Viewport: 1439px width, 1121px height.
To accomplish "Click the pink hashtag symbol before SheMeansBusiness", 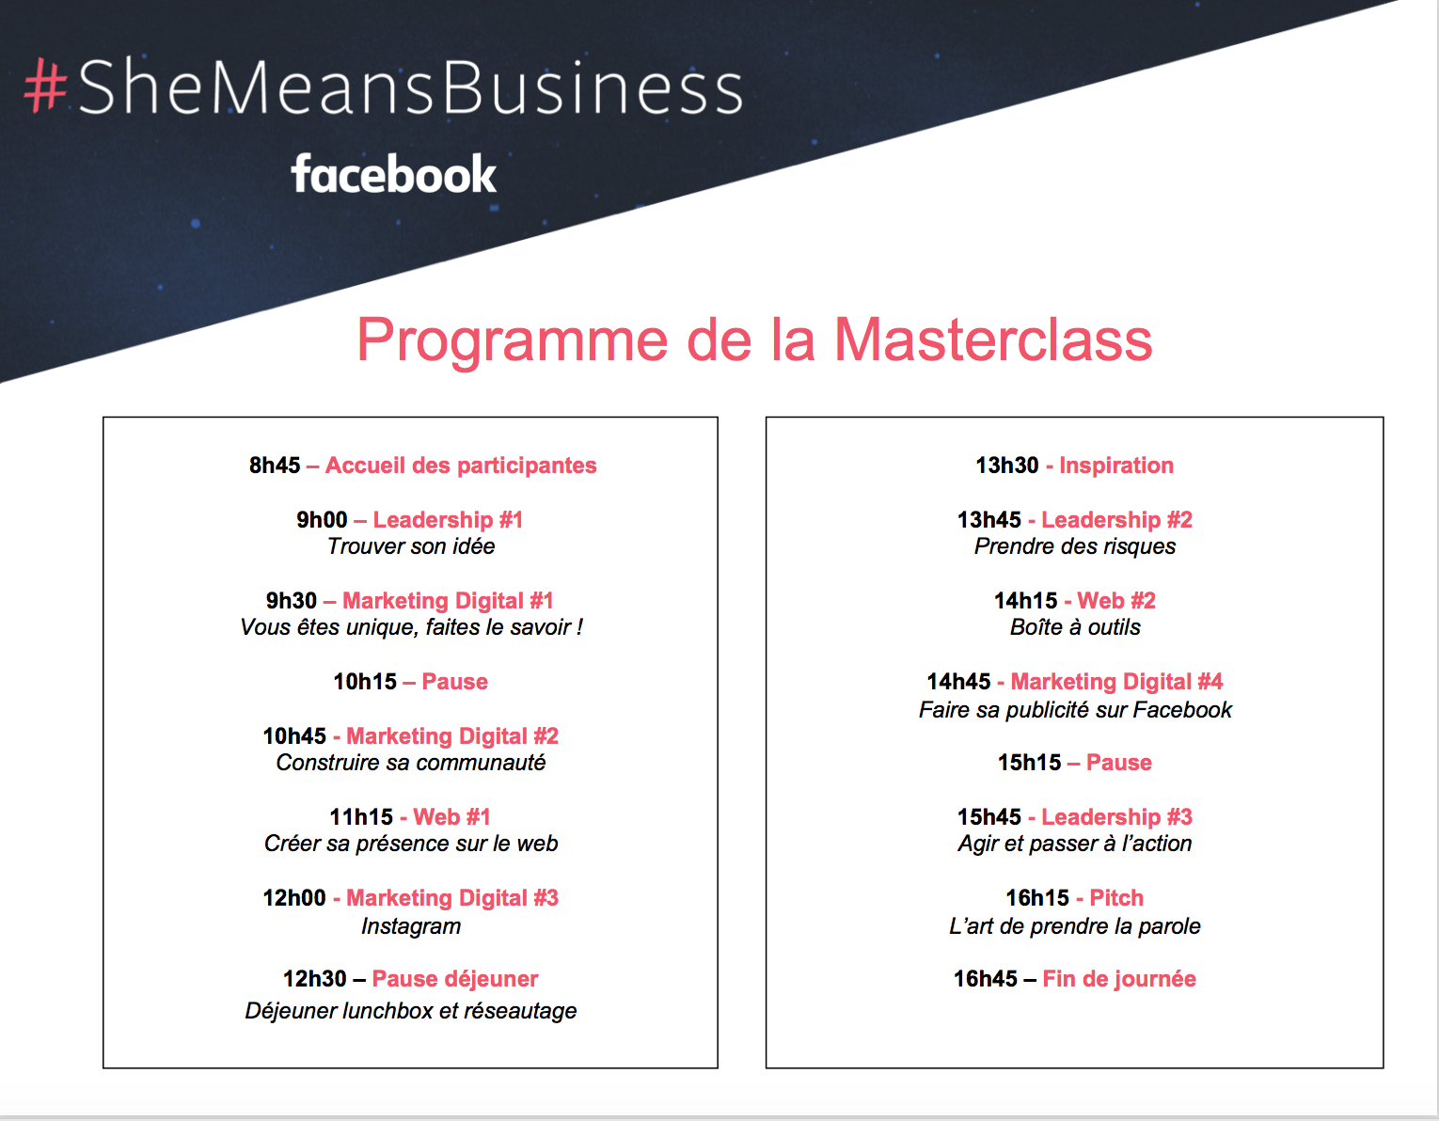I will click(45, 87).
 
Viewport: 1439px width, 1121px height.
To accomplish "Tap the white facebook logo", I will click(393, 174).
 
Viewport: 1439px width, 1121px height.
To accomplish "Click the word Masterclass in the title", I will click(993, 339).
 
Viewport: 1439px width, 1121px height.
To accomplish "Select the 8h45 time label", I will click(275, 466).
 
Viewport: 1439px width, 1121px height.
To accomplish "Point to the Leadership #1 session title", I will click(448, 520).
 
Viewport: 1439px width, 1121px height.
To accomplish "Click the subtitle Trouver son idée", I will click(411, 546).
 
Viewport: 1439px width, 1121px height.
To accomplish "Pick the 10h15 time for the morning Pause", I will click(365, 682).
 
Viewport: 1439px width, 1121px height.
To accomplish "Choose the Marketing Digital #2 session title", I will click(452, 736).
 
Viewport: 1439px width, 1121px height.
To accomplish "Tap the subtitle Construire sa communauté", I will click(411, 763).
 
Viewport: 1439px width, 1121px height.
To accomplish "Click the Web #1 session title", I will click(451, 817).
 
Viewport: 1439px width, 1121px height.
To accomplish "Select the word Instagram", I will click(411, 926).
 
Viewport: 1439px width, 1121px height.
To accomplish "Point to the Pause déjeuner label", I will click(455, 979).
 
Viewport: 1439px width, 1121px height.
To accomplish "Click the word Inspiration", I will click(1116, 466).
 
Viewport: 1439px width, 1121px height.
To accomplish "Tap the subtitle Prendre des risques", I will click(1075, 546).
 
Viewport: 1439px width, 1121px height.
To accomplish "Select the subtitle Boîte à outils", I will click(1075, 627).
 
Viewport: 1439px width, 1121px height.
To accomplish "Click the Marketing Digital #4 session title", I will click(1116, 682).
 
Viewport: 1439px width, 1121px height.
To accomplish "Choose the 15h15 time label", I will click(1029, 763).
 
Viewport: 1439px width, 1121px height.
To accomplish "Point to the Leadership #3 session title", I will click(1116, 817).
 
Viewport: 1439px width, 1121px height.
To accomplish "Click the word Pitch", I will click(1116, 898).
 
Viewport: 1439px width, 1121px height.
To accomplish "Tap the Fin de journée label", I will click(1119, 979).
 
